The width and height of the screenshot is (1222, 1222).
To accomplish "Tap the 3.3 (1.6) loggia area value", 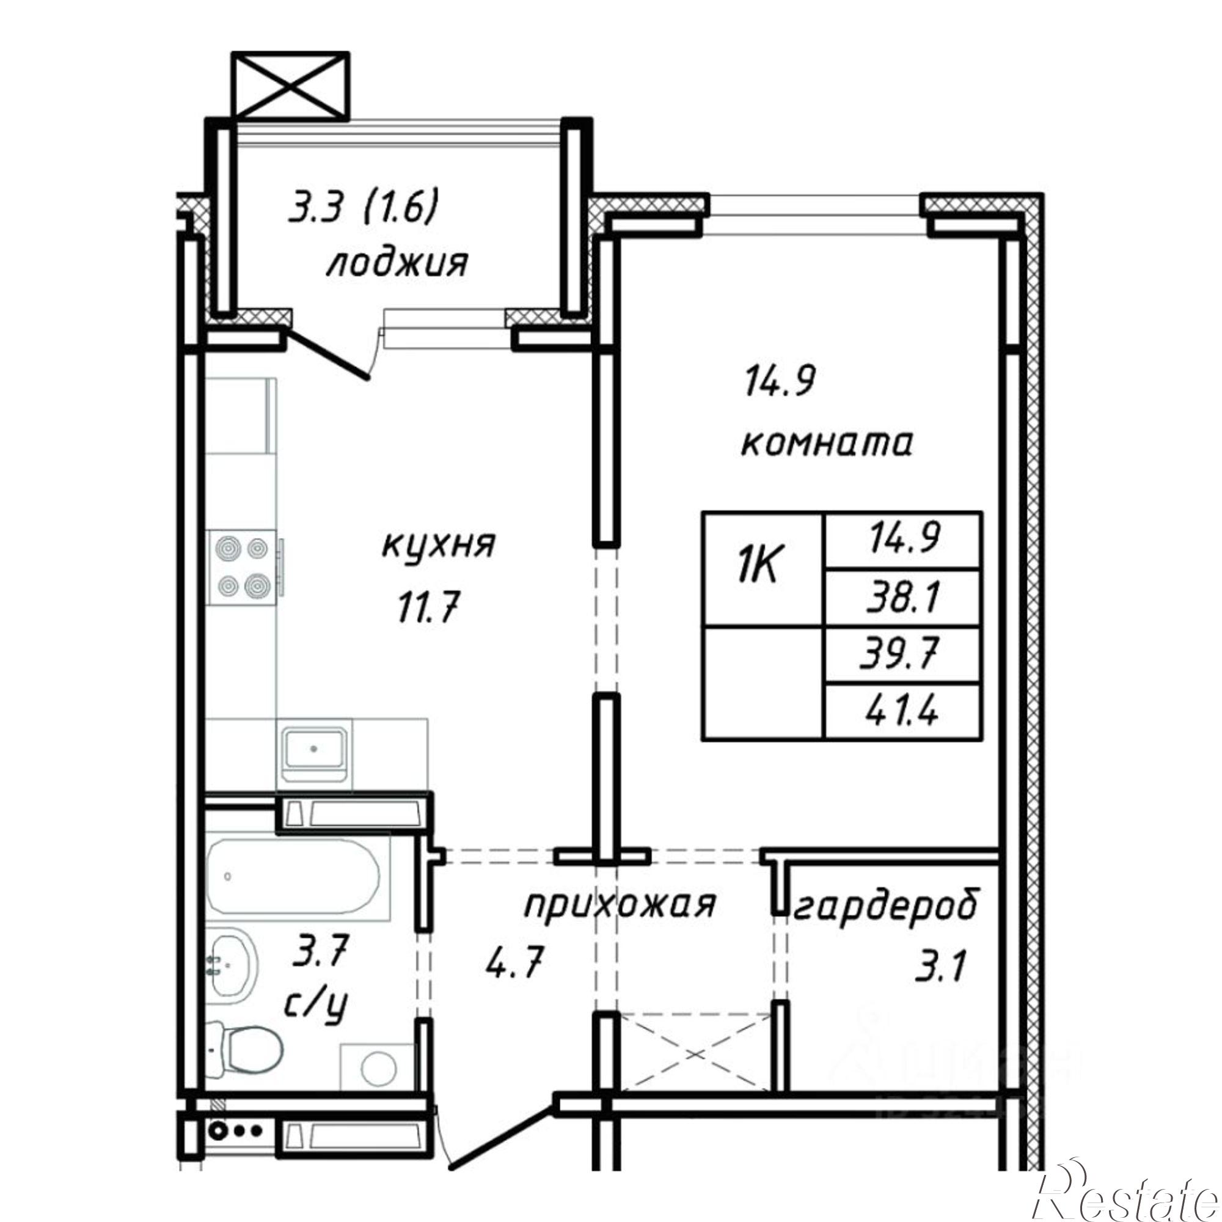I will pyautogui.click(x=363, y=210).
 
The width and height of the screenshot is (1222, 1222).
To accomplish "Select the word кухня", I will pyautogui.click(x=437, y=544).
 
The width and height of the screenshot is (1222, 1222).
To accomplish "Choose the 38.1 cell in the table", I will pyautogui.click(x=902, y=597).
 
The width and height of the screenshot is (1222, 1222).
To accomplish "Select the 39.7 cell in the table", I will pyautogui.click(x=902, y=654).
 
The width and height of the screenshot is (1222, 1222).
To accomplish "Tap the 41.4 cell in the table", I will pyautogui.click(x=902, y=711).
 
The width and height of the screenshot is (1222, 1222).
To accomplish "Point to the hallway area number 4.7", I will pyautogui.click(x=514, y=965).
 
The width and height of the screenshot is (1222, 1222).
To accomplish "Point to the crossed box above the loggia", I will pyautogui.click(x=290, y=86).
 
